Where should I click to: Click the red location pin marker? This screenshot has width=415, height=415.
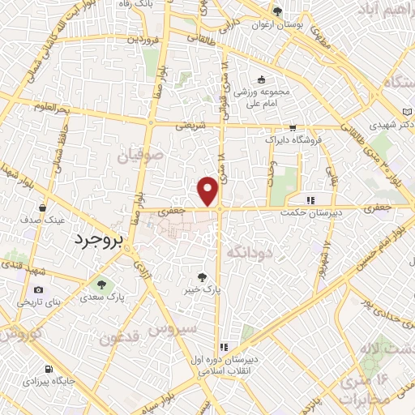pyautogui.click(x=208, y=190)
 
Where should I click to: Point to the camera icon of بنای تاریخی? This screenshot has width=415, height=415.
pyautogui.click(x=38, y=289)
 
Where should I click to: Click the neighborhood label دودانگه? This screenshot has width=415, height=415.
pyautogui.click(x=250, y=252)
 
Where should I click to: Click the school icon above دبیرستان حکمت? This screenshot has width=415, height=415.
pyautogui.click(x=309, y=200)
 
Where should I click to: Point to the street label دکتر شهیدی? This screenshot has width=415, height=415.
pyautogui.click(x=384, y=126)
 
